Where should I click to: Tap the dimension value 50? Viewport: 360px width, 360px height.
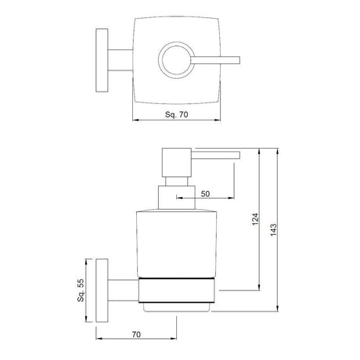pyautogui.click(x=205, y=193)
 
